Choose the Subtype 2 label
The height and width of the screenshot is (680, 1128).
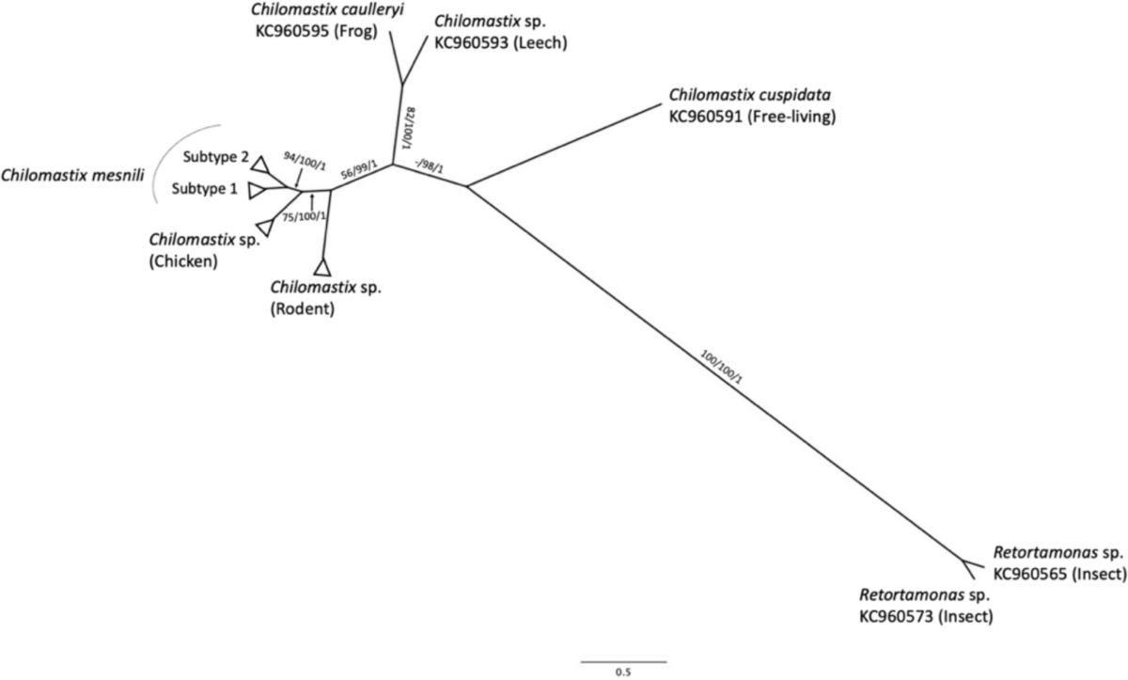[x=209, y=158]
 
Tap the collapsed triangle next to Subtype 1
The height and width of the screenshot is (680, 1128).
[x=257, y=191]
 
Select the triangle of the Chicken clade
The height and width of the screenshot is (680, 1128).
[x=264, y=224]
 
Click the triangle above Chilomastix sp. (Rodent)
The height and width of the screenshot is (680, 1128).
[x=324, y=267]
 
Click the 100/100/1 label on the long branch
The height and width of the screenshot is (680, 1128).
[x=722, y=369]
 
